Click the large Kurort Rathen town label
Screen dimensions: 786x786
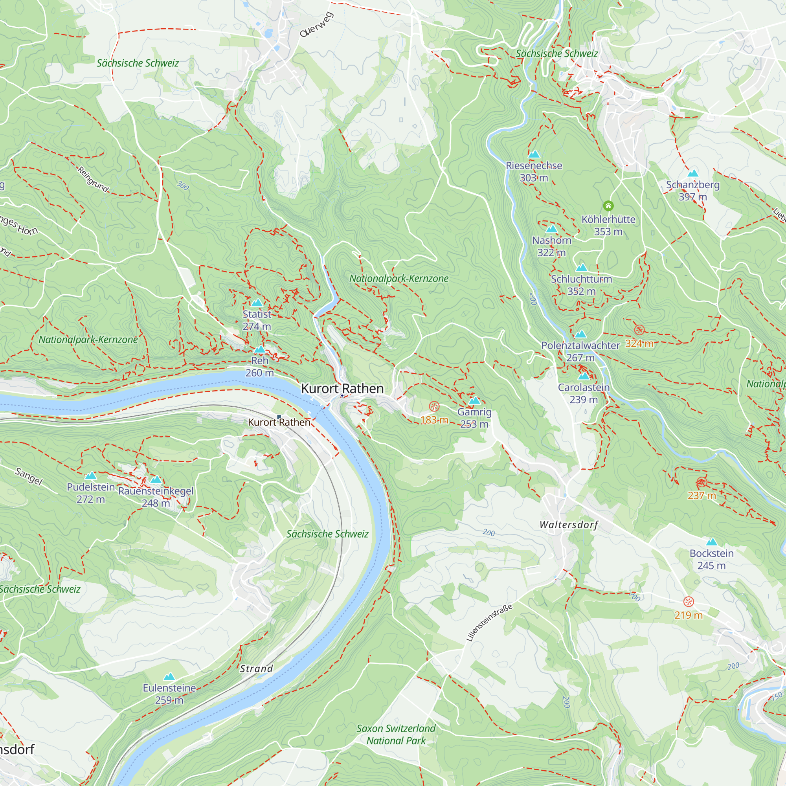(342, 389)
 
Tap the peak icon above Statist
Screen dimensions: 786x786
(257, 303)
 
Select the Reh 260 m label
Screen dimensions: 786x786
(259, 367)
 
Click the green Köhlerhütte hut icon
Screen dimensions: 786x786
(608, 206)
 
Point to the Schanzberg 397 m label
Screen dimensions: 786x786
(692, 190)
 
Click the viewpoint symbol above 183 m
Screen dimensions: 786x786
(434, 406)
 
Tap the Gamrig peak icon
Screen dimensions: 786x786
(474, 401)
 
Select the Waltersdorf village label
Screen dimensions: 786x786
(569, 525)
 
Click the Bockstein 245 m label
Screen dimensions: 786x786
(711, 559)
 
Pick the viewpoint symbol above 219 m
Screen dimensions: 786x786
(689, 601)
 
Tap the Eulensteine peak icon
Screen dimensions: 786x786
(169, 677)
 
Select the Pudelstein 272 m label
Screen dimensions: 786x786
(91, 493)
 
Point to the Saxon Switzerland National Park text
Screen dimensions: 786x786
(396, 735)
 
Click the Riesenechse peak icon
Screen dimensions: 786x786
(534, 154)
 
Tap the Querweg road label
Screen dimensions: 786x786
(316, 25)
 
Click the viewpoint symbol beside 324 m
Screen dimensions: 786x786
(639, 330)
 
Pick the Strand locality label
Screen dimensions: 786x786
(256, 669)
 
